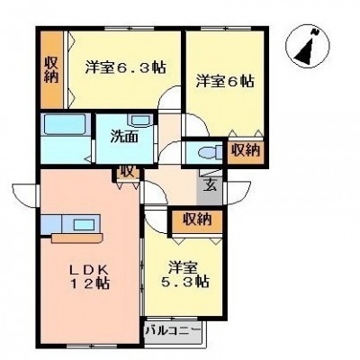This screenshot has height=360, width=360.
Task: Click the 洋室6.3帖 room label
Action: point(125,67)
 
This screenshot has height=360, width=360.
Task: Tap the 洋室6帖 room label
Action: point(225,81)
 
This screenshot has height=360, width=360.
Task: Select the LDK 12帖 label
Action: point(89,276)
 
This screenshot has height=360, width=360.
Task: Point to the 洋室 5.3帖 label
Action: point(184,274)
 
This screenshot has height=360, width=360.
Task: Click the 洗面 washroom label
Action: point(124,137)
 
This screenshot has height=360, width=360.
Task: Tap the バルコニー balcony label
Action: point(173,331)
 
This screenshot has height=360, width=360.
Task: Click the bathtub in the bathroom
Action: point(64,124)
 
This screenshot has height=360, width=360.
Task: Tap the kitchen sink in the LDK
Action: point(85,224)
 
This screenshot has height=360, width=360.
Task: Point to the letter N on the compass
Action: point(315,31)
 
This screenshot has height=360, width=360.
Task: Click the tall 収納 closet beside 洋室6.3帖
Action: point(51,69)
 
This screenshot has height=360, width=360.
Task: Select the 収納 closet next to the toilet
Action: point(246,151)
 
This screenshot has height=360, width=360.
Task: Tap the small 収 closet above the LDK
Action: point(126,174)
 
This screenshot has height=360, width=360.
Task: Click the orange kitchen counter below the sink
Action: point(77,238)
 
